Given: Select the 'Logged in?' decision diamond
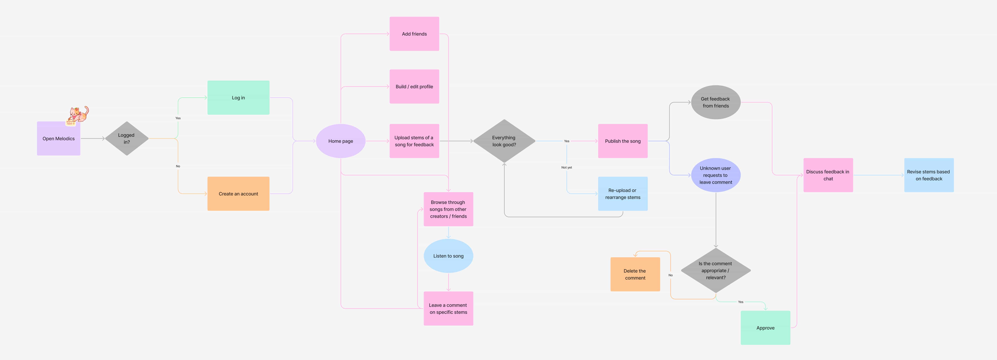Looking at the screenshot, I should pos(127,139).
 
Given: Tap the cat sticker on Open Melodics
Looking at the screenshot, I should pos(78,115).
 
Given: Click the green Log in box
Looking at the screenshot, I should pos(238,97).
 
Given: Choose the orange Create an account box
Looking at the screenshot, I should pos(238,194).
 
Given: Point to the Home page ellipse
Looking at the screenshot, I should pos(341,141).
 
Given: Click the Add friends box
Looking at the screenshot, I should pos(414,34).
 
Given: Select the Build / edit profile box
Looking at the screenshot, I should pos(414,86).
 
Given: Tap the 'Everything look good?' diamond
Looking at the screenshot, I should pos(504,141).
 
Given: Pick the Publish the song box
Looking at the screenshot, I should pos(623,141).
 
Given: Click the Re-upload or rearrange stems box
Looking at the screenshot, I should pos(623,194).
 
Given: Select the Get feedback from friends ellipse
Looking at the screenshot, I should pos(716,102).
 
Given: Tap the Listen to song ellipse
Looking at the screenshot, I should pos(448,256).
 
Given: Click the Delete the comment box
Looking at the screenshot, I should pos(635,274).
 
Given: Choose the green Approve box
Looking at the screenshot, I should pos(765,327).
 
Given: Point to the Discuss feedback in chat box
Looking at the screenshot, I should pos(828,175).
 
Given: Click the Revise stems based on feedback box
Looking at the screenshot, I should pos(928,175).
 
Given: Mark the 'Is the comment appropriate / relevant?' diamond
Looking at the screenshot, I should pos(716,270).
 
